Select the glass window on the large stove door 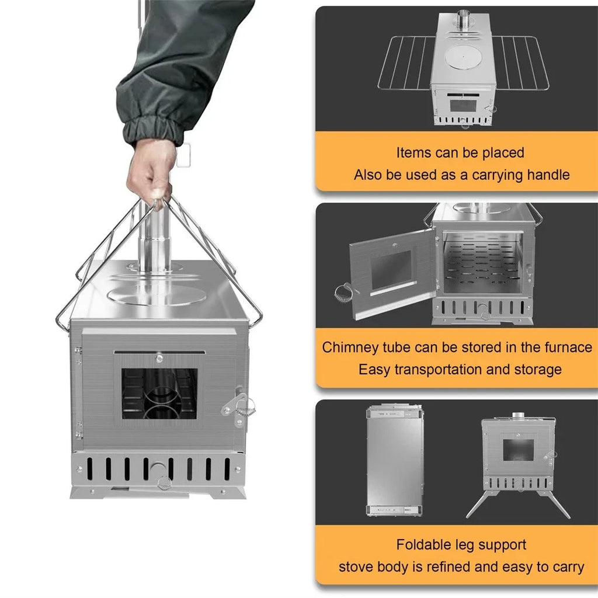click(x=159, y=394)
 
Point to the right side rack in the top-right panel click(x=521, y=62)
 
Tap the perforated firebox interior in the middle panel click(x=482, y=263)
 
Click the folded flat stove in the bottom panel click(x=395, y=460)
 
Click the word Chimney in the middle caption click(x=347, y=347)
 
